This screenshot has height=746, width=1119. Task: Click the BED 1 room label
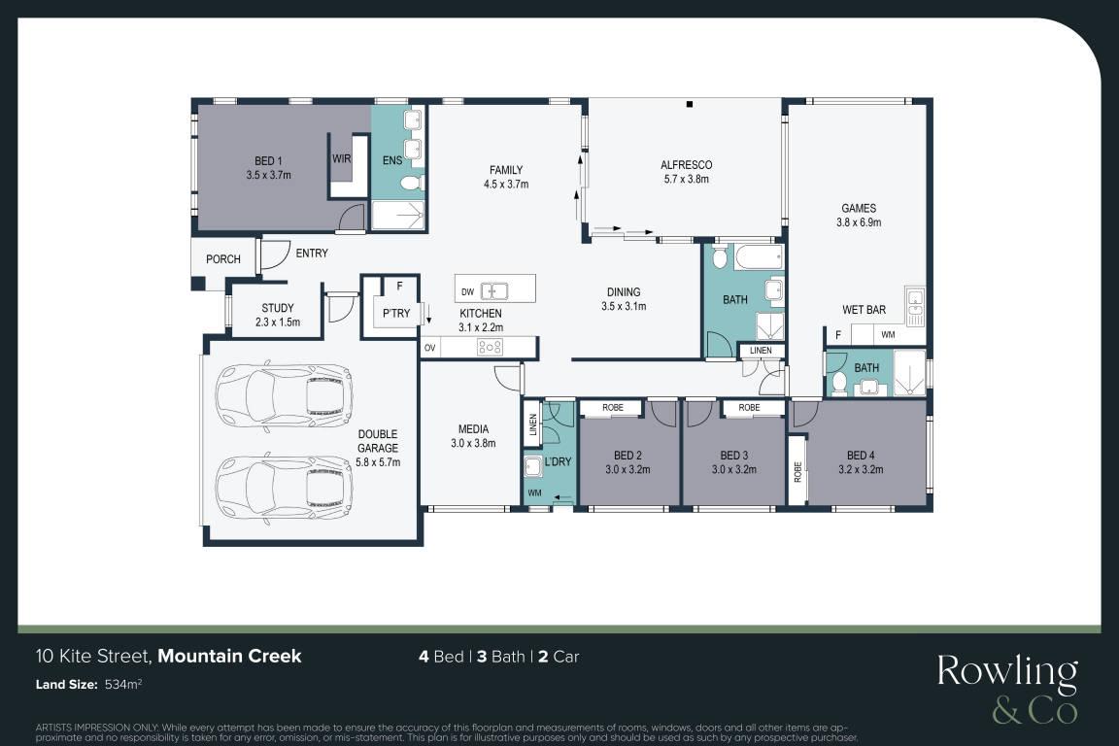tap(268, 161)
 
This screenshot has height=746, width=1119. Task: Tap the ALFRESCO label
tap(687, 165)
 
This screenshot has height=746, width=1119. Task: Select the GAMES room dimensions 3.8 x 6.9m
tap(859, 222)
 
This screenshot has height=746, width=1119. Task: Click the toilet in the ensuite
tap(410, 184)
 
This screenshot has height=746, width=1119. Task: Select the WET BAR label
tap(865, 310)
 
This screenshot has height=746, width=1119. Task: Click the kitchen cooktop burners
tap(491, 348)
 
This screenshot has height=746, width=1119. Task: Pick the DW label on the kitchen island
tap(467, 292)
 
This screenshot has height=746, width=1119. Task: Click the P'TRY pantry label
tap(396, 314)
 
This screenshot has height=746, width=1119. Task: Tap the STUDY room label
tap(278, 308)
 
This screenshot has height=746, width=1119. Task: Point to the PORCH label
tap(223, 259)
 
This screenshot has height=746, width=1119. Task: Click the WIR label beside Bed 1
tap(341, 158)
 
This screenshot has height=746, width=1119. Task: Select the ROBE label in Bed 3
tap(749, 408)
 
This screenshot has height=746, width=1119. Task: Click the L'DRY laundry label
tap(558, 461)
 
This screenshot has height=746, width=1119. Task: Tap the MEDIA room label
tap(473, 429)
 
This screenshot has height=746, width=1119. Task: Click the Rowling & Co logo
tap(1007, 688)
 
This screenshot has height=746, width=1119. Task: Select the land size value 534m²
tap(123, 684)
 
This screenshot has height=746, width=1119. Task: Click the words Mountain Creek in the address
tap(230, 656)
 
